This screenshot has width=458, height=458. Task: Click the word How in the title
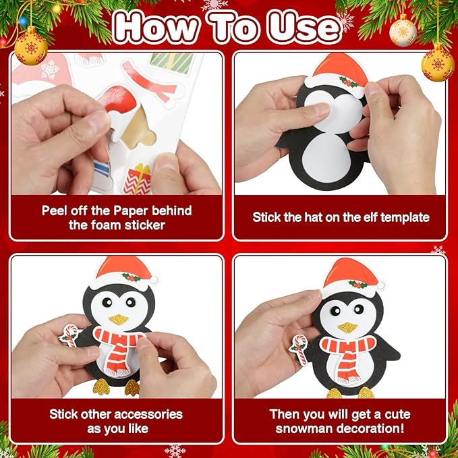157,27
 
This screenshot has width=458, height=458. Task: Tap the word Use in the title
304,28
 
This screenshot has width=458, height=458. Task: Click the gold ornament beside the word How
31,47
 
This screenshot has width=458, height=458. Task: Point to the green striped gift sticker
172,63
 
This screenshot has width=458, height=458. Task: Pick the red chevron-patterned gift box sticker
137,179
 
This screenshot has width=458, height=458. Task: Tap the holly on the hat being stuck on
349,82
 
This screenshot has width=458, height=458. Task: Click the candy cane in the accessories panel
69,336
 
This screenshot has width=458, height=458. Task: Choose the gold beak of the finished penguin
347,327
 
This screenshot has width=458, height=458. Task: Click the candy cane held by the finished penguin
299,349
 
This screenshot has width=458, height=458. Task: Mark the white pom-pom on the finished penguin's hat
381,286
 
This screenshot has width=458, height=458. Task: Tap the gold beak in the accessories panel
118,320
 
